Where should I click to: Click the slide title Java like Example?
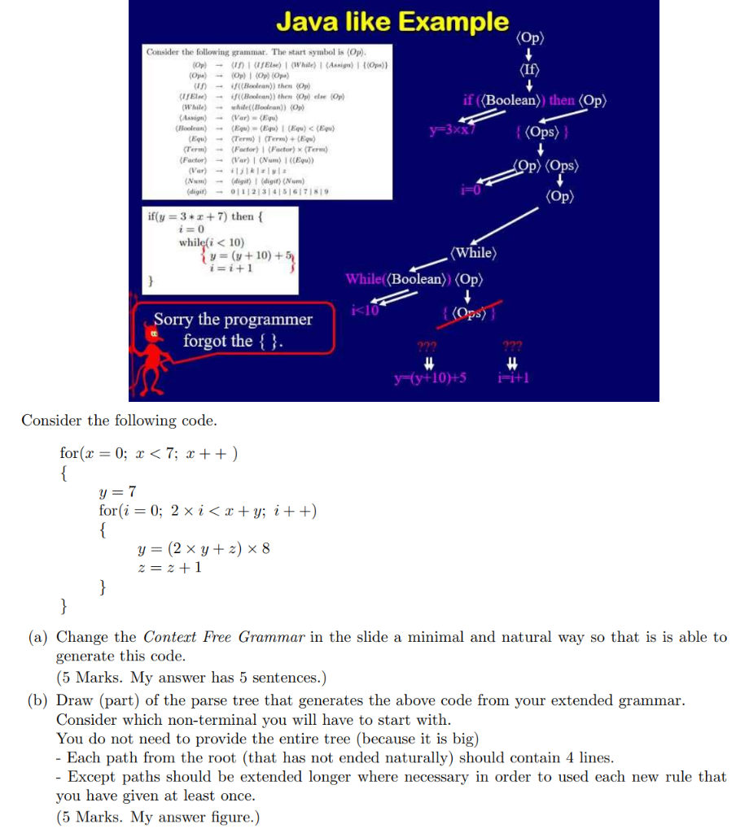coord(392,21)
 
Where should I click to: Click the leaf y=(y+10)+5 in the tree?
coord(429,377)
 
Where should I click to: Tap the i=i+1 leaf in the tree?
coord(513,377)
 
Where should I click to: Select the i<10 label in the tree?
coord(363,309)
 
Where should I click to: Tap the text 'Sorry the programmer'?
coord(234,320)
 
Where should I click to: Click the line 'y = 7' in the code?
coord(118,491)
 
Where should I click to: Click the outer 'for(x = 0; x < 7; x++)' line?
coord(149,452)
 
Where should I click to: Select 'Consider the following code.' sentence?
coord(119,421)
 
